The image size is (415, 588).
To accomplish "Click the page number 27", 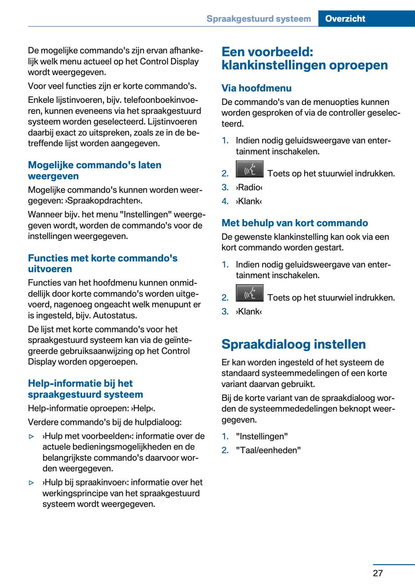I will pyautogui.click(x=378, y=573).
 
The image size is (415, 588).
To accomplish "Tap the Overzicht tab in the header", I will pyautogui.click(x=345, y=18).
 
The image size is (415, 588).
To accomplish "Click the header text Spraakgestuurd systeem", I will pyautogui.click(x=259, y=18).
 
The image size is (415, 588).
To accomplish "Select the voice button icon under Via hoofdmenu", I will pyautogui.click(x=249, y=169).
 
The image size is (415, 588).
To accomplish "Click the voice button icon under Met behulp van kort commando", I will pyautogui.click(x=249, y=293).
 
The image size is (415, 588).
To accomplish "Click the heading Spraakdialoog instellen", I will pyautogui.click(x=294, y=344).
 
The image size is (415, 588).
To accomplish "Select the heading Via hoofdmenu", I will pyautogui.click(x=256, y=88).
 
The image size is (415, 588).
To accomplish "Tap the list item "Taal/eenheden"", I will pyautogui.click(x=268, y=450).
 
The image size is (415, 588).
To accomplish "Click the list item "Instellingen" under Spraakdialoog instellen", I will pyautogui.click(x=262, y=436).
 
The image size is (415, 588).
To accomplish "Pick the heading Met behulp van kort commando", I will pyautogui.click(x=295, y=223).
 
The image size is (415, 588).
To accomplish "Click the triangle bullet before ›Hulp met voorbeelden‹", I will pyautogui.click(x=32, y=436).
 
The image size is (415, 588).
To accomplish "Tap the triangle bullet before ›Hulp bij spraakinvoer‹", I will pyautogui.click(x=32, y=483).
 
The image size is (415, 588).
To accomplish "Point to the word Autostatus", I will pyautogui.click(x=115, y=316).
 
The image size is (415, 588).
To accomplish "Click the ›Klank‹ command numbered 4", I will pyautogui.click(x=249, y=201).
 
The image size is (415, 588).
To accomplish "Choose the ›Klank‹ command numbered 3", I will pyautogui.click(x=249, y=312).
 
